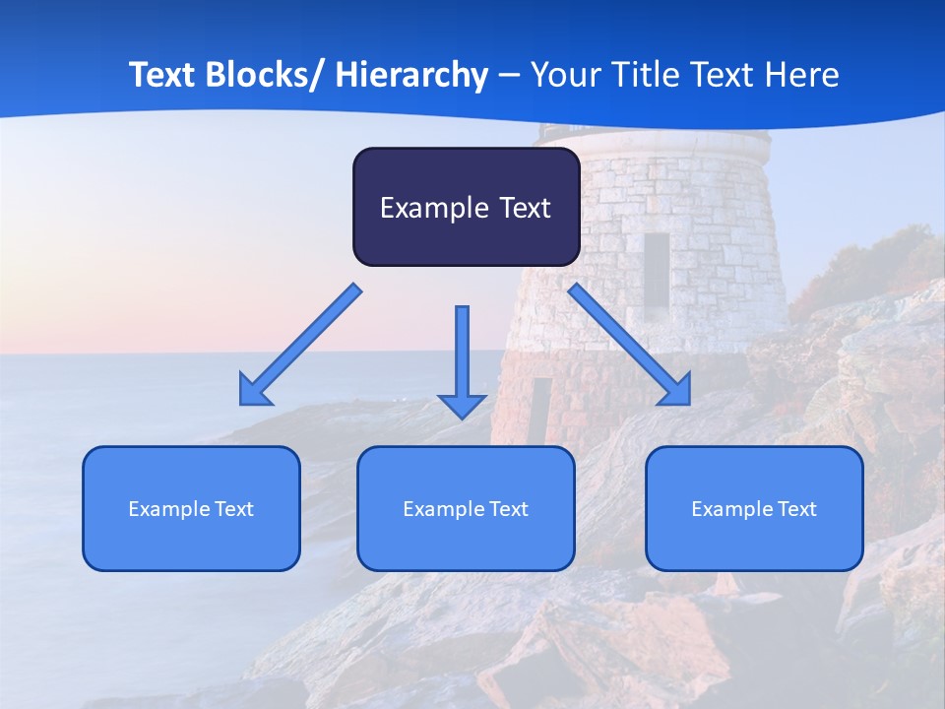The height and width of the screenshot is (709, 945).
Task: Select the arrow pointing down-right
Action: point(629,344)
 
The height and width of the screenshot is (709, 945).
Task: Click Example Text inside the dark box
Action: point(466,208)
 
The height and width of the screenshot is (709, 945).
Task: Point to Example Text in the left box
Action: point(191,509)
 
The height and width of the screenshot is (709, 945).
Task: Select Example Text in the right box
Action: point(754,509)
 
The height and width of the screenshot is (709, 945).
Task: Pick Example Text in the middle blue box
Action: point(466,509)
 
